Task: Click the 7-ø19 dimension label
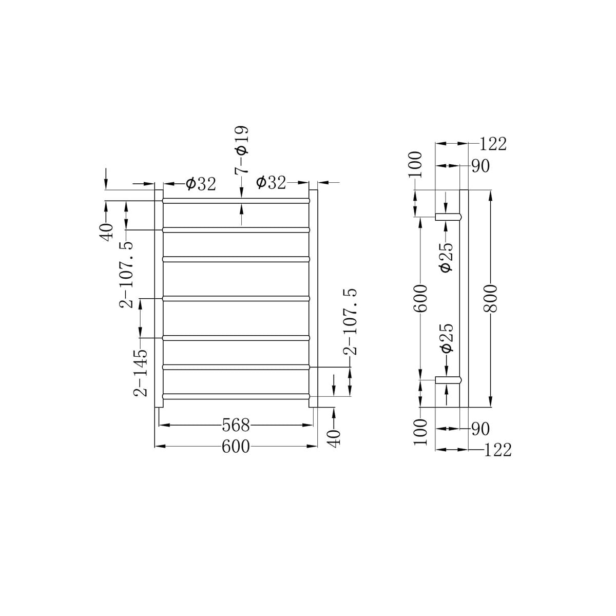tap(242, 149)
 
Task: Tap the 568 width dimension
tap(236, 425)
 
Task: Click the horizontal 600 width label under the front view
tap(236, 447)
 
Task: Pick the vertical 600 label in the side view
tap(420, 299)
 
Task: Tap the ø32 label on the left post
tap(201, 184)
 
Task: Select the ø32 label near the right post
tap(271, 183)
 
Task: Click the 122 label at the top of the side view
tap(493, 144)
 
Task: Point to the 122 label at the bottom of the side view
tap(498, 450)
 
